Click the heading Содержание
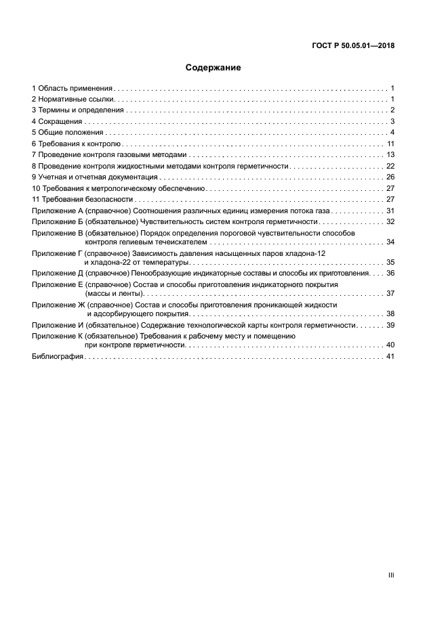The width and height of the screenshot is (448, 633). [x=213, y=68]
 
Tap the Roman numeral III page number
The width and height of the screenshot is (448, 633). [x=390, y=575]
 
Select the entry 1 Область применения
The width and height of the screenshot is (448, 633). [x=72, y=89]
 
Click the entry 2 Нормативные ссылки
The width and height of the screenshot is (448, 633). [x=73, y=100]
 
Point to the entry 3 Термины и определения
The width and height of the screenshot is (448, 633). [x=78, y=110]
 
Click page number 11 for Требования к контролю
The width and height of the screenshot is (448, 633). [x=390, y=144]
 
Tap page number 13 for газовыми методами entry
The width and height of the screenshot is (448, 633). [x=390, y=155]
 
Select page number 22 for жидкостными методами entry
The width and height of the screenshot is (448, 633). [x=390, y=166]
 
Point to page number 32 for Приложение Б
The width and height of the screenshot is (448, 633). [x=390, y=221]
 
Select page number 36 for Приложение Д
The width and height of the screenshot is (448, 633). [x=390, y=273]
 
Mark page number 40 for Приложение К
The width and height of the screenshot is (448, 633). [x=390, y=345]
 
